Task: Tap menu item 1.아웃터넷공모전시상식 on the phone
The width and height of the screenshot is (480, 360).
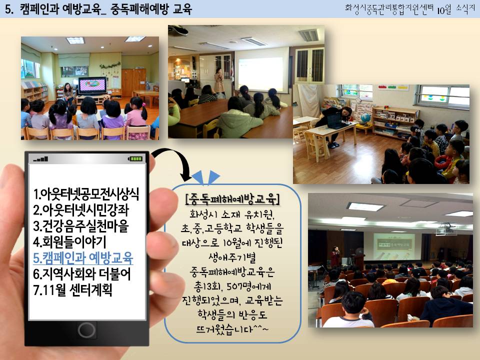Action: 86,194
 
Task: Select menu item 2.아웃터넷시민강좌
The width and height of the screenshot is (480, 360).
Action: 81,210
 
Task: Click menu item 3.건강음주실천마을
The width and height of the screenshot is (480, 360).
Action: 81,226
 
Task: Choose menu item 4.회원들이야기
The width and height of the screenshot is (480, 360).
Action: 70,242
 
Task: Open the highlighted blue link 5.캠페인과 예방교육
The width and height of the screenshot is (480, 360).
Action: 83,258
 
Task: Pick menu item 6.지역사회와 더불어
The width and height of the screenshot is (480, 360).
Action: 81,274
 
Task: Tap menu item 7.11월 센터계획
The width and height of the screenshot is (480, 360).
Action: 72,290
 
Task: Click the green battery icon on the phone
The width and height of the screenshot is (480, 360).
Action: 135,158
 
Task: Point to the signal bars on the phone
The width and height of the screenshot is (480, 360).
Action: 40,159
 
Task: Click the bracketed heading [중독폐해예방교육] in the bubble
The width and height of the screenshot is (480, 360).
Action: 232,199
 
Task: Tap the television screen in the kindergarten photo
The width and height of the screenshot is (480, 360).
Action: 92,85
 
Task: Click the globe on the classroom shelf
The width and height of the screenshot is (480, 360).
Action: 365,118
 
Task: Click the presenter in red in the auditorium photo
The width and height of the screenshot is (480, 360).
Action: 336,256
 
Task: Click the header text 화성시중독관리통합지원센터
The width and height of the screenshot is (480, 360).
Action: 389,8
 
